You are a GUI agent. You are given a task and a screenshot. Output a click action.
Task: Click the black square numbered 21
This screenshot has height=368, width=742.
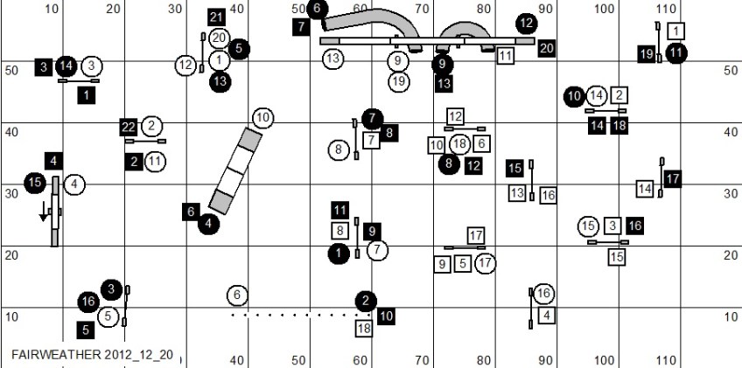point(216,17)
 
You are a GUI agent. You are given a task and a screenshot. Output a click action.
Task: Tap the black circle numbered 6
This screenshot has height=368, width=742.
point(317,9)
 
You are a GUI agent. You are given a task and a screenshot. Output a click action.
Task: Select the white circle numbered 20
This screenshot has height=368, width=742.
point(219,38)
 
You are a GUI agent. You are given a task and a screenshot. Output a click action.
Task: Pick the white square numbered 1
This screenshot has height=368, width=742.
point(675,31)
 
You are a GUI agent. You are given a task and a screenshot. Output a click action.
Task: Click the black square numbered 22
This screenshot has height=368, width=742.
point(129,127)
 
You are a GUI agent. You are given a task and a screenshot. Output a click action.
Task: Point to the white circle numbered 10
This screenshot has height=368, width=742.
point(263,118)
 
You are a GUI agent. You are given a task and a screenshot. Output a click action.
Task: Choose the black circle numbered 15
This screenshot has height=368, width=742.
point(34,183)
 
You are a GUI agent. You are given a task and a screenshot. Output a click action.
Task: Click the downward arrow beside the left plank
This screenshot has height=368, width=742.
point(44,211)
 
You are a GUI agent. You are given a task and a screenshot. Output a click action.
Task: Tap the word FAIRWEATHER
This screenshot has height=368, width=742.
point(56,355)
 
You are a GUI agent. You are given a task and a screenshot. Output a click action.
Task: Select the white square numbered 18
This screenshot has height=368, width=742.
point(363,329)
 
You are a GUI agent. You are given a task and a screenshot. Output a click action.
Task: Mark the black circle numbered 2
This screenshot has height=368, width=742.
point(366,301)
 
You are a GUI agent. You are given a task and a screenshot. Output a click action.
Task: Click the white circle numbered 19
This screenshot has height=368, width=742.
point(399,82)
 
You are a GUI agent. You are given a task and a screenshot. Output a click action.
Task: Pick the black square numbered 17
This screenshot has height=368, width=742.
point(672,179)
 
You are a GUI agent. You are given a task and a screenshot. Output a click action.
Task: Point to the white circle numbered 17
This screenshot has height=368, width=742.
point(485,263)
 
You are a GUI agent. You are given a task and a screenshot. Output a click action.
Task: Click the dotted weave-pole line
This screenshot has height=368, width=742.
point(301,315)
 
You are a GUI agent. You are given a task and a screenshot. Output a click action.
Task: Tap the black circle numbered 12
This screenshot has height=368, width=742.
point(526,23)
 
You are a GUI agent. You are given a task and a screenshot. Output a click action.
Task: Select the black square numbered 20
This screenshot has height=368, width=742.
point(547,48)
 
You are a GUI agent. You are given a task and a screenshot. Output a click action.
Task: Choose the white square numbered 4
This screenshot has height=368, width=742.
point(547,315)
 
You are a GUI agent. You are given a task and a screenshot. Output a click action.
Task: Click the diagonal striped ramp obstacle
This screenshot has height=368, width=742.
point(235,170)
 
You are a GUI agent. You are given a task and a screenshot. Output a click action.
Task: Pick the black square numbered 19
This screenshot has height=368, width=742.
point(647,54)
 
